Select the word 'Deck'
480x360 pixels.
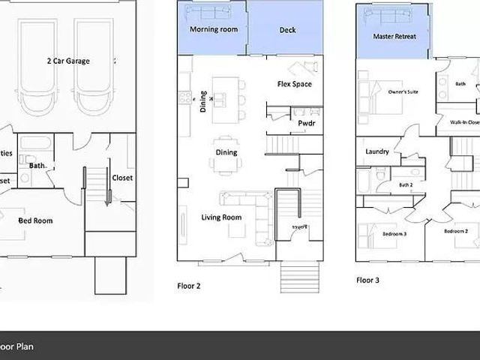pos(287,30)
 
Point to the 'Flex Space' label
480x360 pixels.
pos(294,84)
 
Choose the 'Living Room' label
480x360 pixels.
pos(221,217)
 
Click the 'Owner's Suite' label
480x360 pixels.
pos(403,92)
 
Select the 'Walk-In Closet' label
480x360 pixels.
pos(463,121)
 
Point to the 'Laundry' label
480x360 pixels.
pos(376,151)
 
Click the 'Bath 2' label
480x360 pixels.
pos(406,184)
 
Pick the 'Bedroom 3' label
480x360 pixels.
pos(394,234)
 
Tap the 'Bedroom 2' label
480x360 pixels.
pos(455,231)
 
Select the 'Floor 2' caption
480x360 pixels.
pos(188,286)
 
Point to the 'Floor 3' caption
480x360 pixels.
pos(367,280)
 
